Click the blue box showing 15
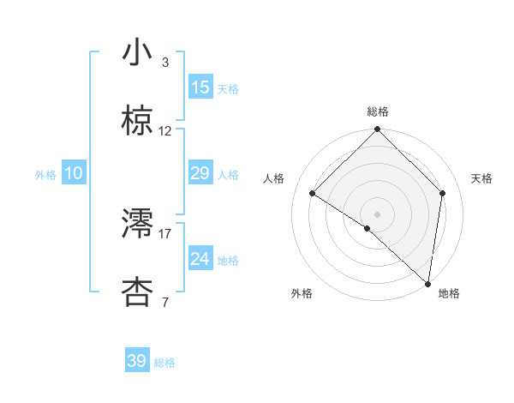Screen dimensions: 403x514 [200, 87]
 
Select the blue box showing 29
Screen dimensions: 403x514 [200, 173]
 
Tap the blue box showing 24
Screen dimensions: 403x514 [200, 259]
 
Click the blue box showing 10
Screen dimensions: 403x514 [74, 173]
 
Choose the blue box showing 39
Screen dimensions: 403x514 [137, 361]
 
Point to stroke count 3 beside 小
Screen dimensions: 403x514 [165, 63]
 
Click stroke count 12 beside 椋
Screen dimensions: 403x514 [165, 131]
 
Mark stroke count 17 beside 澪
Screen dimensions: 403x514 [165, 233]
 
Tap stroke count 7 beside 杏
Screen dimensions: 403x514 [165, 302]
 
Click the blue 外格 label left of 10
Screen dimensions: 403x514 [45, 174]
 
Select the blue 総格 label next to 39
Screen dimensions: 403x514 [164, 363]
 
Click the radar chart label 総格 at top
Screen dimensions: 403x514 [378, 111]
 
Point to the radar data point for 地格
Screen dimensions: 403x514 [428, 284]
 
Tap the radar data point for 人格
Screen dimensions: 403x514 [313, 193]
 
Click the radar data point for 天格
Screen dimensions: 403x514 [443, 193]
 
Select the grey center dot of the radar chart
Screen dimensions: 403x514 [378, 214]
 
